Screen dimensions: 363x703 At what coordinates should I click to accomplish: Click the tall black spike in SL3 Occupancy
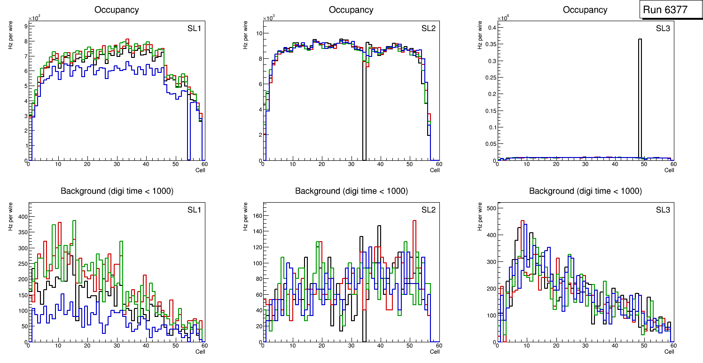[640, 94]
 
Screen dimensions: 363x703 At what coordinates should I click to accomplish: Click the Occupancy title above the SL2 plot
[351, 10]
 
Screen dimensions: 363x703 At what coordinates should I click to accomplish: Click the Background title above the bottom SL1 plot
[117, 191]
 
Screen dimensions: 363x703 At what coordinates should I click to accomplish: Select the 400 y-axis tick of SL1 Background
[22, 217]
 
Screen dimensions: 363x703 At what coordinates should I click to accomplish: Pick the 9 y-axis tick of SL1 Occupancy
[25, 26]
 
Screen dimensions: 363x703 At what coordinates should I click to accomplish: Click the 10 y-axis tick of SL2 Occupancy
[258, 33]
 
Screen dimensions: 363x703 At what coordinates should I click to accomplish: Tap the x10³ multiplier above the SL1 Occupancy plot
[35, 18]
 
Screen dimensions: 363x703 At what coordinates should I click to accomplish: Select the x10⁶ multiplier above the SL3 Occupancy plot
[504, 18]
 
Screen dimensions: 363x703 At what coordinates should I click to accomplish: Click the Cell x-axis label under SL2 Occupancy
[435, 170]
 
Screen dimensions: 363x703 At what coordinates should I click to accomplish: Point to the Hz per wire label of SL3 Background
[480, 217]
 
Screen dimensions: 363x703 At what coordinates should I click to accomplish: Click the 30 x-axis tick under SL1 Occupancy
[116, 164]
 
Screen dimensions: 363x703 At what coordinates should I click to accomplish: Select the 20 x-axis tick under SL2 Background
[321, 346]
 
